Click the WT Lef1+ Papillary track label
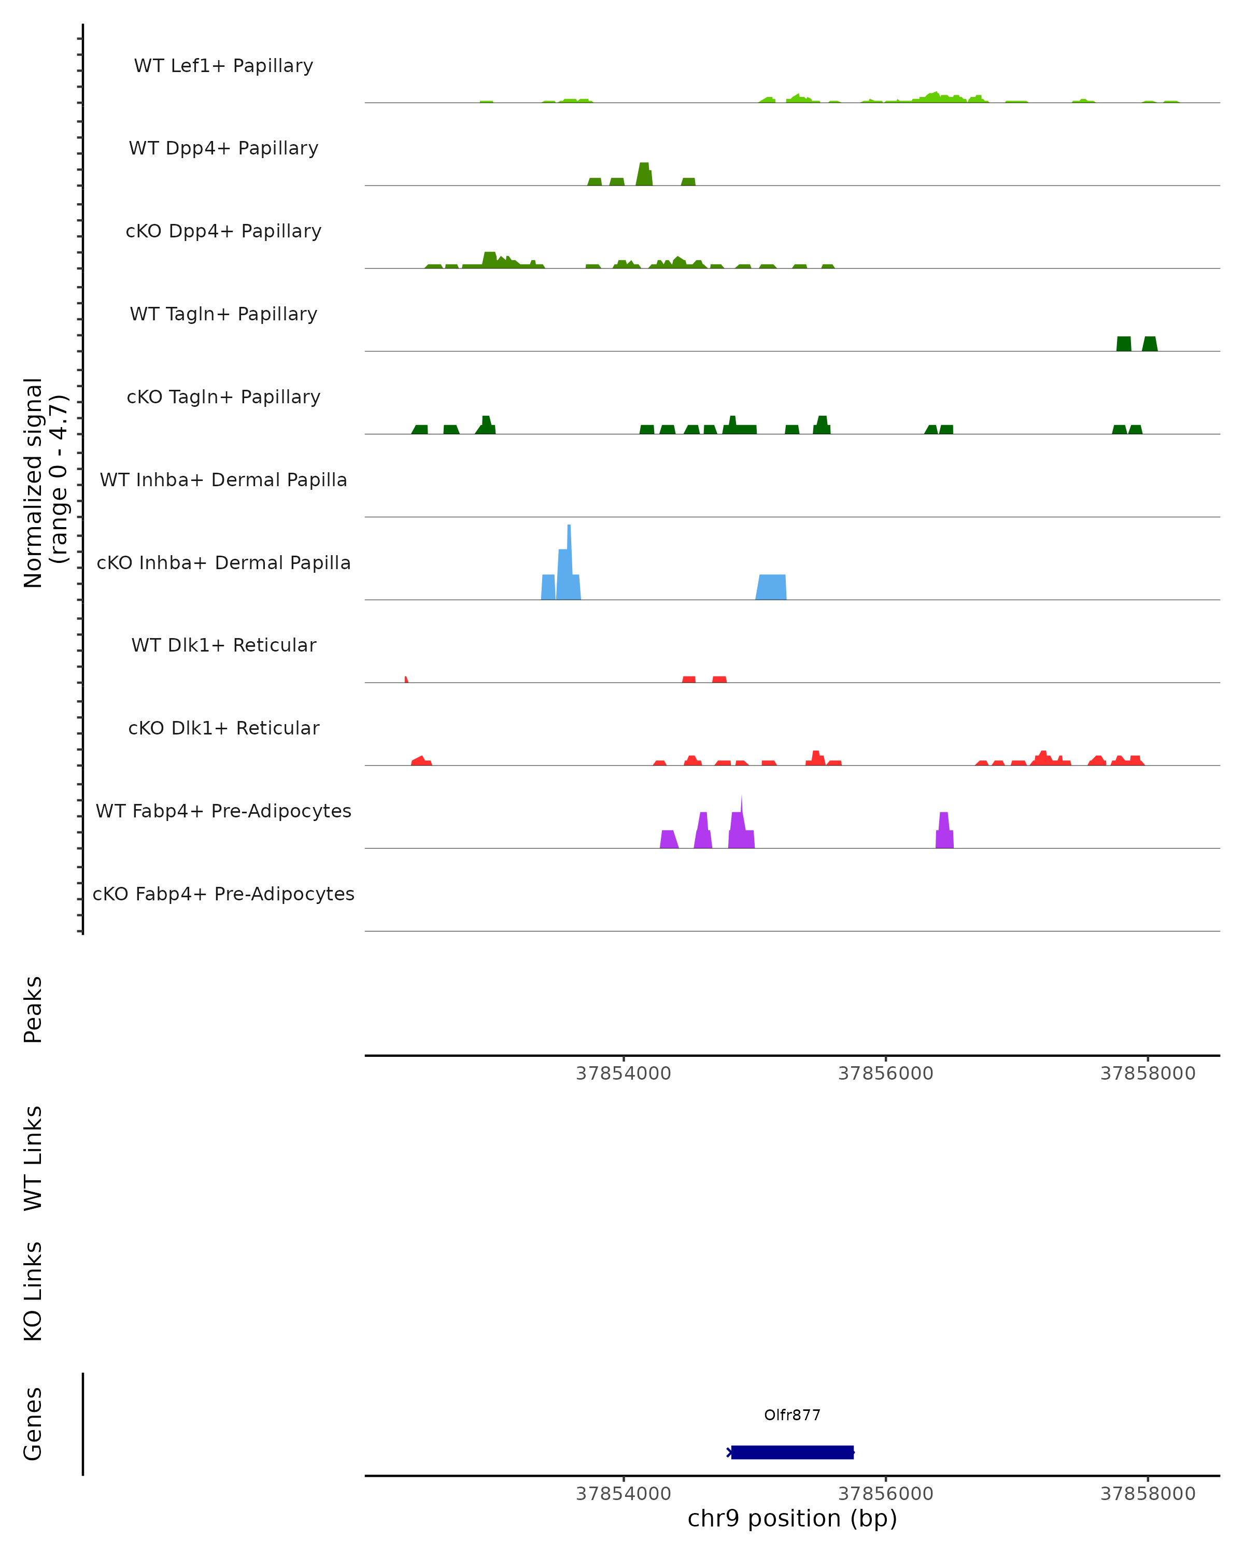tap(223, 66)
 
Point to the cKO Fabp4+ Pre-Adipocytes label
tap(223, 894)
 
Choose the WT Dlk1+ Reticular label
tap(223, 645)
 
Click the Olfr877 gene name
tap(792, 1415)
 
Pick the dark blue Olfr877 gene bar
tap(792, 1452)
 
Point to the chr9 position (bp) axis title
tap(792, 1519)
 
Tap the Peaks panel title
tap(33, 1009)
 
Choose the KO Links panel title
tap(33, 1291)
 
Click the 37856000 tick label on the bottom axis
tap(886, 1494)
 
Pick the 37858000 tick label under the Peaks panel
tap(1148, 1073)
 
